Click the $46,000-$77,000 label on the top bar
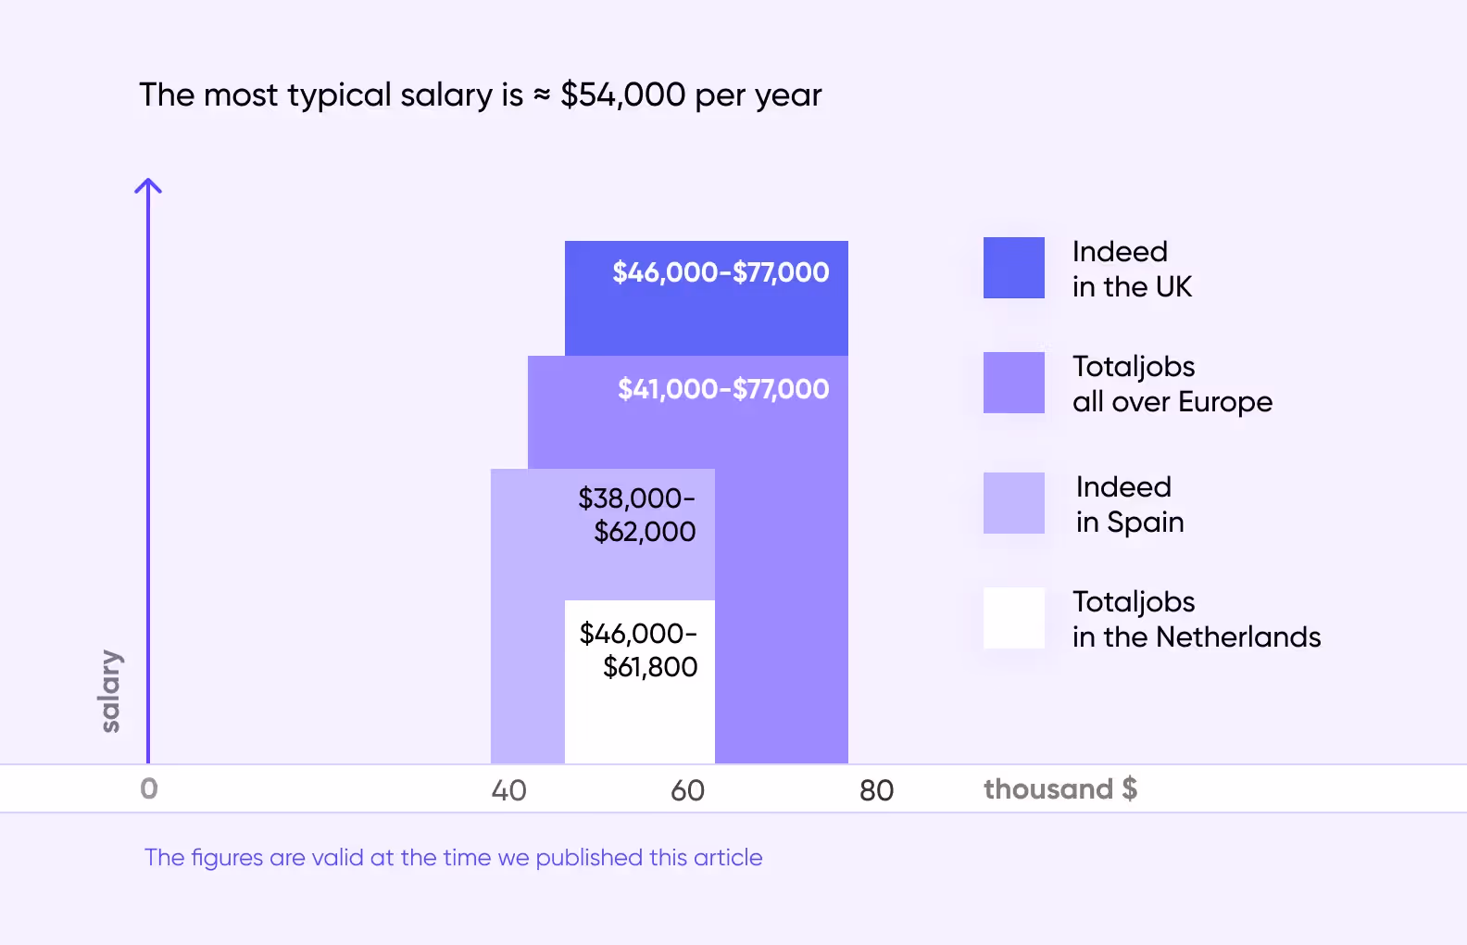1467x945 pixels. tap(721, 272)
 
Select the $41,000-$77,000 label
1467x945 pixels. tap(723, 389)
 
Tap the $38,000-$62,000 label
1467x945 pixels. tap(637, 515)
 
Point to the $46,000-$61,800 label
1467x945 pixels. tap(639, 650)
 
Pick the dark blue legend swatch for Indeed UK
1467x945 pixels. tap(1013, 269)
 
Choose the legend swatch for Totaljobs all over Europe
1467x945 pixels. tap(1013, 383)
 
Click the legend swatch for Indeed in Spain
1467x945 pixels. tap(1013, 503)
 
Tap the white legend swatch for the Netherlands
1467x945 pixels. tap(1013, 618)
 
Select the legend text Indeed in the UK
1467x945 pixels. tap(1132, 270)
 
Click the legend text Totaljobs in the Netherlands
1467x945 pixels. tap(1196, 620)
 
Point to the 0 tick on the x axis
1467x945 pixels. tap(149, 789)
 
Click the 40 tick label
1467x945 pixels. tap(508, 790)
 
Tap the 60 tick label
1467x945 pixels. tap(687, 790)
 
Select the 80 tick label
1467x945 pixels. tap(876, 790)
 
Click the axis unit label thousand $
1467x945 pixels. tap(1059, 789)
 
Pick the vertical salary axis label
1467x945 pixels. tap(110, 691)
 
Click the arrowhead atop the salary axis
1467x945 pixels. tap(148, 185)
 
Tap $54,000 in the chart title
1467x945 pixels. tap(622, 95)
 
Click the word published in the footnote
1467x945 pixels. tap(589, 858)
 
